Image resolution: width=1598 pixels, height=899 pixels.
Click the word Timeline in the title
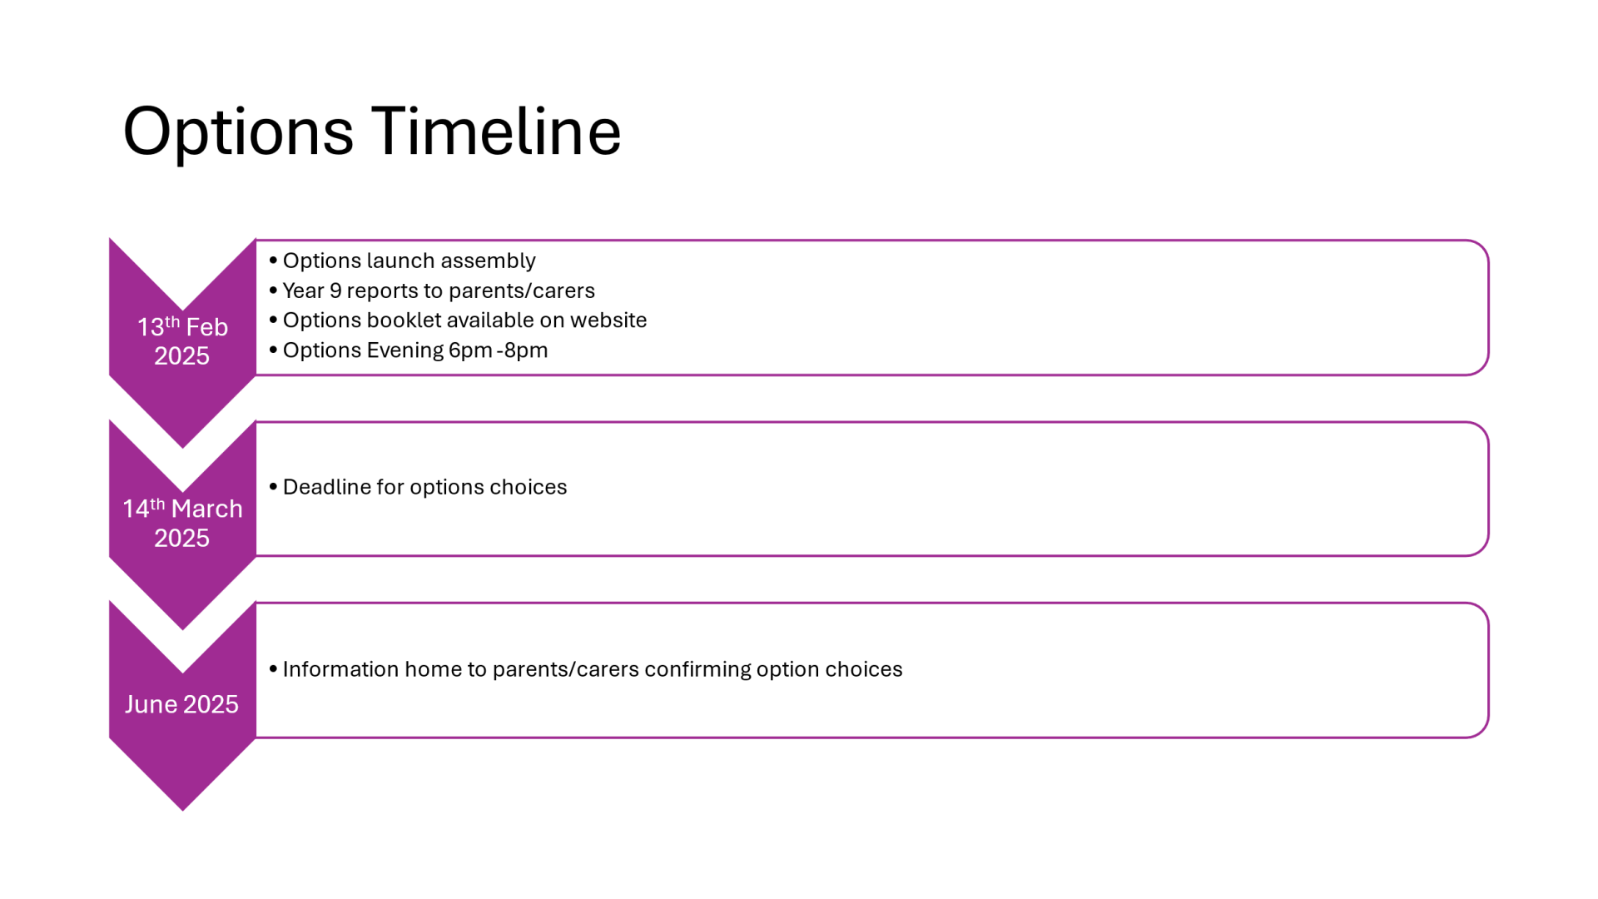pyautogui.click(x=496, y=132)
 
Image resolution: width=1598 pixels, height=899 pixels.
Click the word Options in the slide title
pyautogui.click(x=238, y=133)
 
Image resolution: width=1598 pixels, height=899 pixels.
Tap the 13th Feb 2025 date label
pyautogui.click(x=182, y=341)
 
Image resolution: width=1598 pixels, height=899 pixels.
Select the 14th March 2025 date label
pyautogui.click(x=182, y=523)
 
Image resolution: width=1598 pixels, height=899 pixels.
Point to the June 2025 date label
pyautogui.click(x=181, y=704)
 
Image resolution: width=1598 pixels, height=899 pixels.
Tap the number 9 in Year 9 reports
pyautogui.click(x=335, y=291)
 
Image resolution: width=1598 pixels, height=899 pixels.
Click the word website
pyautogui.click(x=608, y=320)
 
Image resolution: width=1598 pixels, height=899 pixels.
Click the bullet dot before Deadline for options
pyautogui.click(x=273, y=487)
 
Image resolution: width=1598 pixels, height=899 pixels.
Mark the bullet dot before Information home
pyautogui.click(x=273, y=669)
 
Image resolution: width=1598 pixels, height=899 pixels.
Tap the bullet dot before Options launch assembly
pyautogui.click(x=273, y=261)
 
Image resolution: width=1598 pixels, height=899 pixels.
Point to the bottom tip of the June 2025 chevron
pyautogui.click(x=182, y=811)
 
